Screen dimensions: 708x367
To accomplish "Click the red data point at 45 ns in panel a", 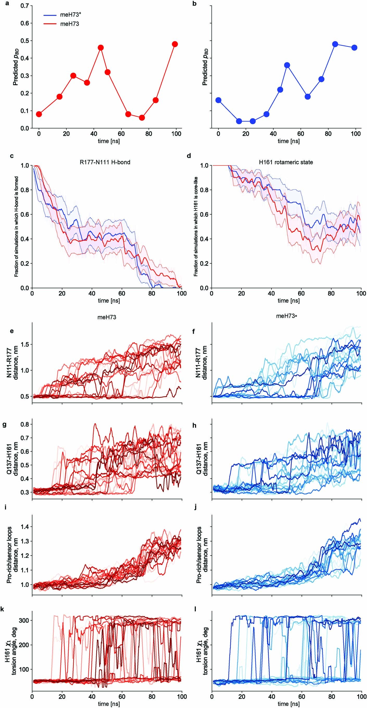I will (101, 47).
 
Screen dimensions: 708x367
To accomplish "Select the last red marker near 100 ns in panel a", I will (175, 44).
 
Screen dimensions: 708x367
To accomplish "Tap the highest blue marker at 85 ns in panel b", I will (335, 44).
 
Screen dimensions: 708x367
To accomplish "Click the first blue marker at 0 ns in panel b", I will (218, 100).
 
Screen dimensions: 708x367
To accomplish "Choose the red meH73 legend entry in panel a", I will (70, 24).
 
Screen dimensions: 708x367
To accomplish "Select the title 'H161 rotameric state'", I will (286, 162).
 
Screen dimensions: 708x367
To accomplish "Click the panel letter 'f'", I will (194, 331).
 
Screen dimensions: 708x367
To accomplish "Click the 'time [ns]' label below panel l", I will (288, 704).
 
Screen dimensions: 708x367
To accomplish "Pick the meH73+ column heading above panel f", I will (287, 316).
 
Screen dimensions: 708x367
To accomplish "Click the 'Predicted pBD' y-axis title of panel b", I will (205, 67).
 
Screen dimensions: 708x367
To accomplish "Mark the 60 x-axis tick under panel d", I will (301, 293).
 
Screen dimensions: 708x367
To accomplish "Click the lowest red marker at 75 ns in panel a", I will (142, 118).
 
